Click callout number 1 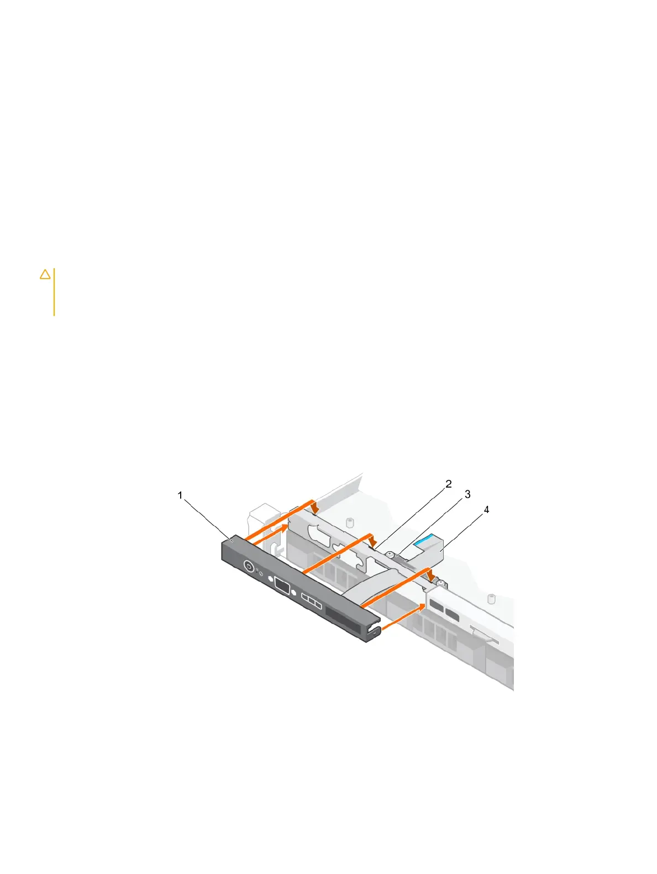tap(180, 495)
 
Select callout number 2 tap(449, 484)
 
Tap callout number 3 tap(467, 494)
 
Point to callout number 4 tap(486, 509)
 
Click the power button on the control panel tap(249, 567)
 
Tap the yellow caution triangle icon tap(45, 274)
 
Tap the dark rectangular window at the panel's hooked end tap(343, 615)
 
